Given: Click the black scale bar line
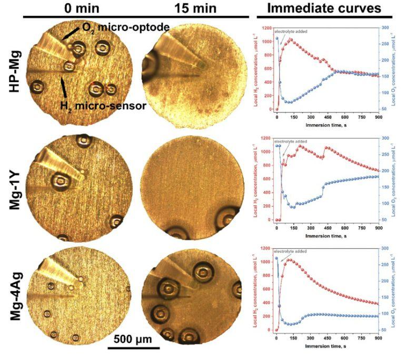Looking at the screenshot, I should click(133, 347).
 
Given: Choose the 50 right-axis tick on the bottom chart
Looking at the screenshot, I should click(385, 329).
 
